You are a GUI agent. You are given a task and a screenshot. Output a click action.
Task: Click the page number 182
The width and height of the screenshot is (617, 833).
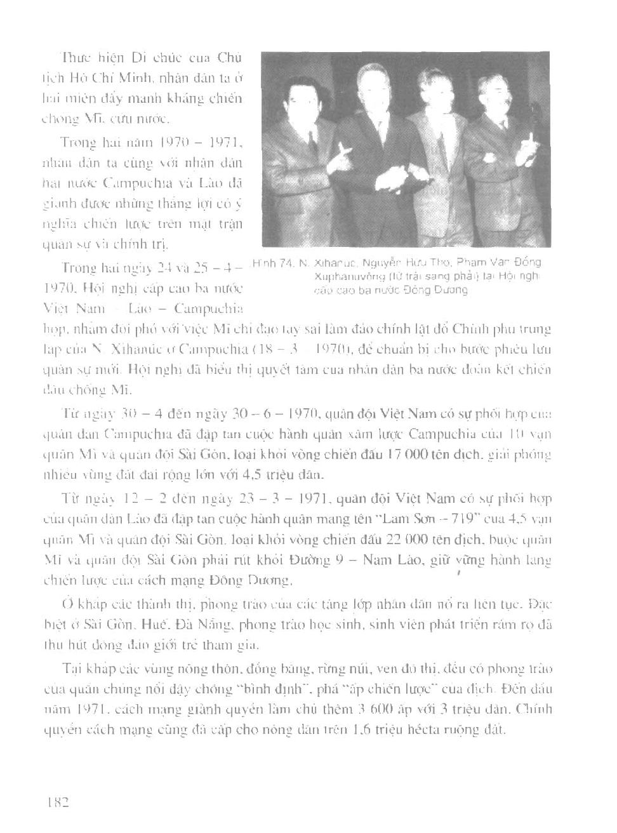click(x=56, y=801)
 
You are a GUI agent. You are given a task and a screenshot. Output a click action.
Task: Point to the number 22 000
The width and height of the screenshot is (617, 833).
click(x=402, y=540)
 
